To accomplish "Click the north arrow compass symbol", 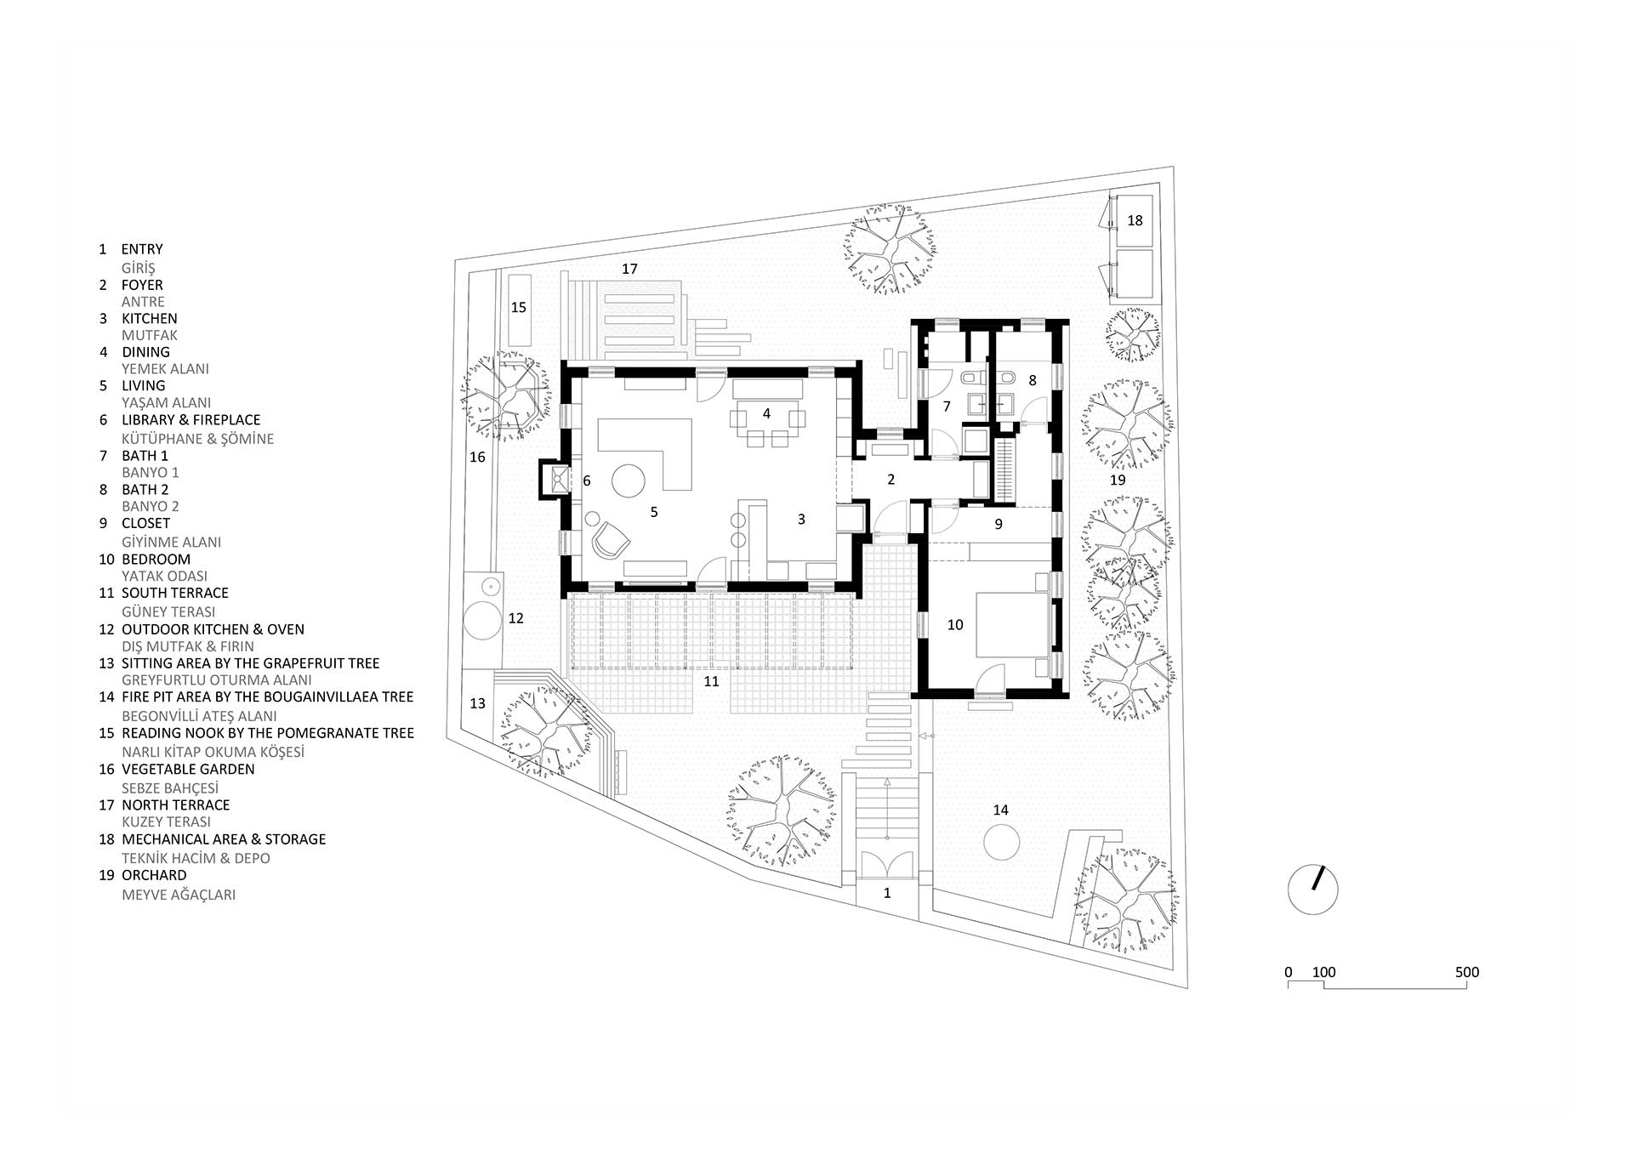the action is [x=1313, y=890].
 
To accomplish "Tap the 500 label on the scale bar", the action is [x=1467, y=972].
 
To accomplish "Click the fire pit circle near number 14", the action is [x=1001, y=844].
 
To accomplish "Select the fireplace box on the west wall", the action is [x=556, y=479].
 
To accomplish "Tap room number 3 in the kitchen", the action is [x=801, y=519].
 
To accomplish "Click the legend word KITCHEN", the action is [x=150, y=318].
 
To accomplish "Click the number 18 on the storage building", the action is [x=1135, y=220].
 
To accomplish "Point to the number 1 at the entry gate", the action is [x=887, y=893].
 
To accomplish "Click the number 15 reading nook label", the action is [x=519, y=307].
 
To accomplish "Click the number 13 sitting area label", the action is [x=478, y=703].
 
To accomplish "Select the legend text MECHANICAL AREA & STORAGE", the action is [x=224, y=839].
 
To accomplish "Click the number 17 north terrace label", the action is [x=629, y=269].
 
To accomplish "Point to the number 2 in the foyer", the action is [x=891, y=480].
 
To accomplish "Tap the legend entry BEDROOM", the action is [x=156, y=560].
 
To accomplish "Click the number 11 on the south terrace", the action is [x=711, y=681].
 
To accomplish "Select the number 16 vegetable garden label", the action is [x=478, y=458].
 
